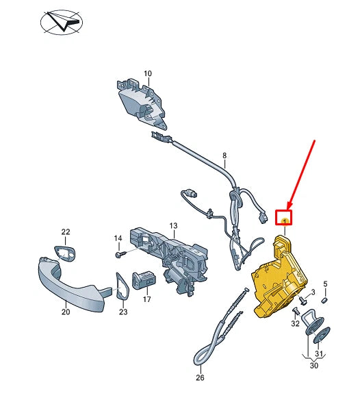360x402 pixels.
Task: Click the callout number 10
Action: point(148,74)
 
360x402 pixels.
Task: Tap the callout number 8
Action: point(224,155)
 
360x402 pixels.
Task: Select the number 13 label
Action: point(173,226)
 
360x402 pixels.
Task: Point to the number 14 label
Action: point(118,238)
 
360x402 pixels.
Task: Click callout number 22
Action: point(66,232)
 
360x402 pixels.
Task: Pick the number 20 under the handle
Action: point(66,312)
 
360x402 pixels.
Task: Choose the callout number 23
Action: point(123,312)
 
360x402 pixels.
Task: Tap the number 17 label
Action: point(147,299)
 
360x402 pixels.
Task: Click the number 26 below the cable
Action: point(200,377)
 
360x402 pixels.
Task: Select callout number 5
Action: point(325,284)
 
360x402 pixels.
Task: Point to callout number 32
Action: point(295,323)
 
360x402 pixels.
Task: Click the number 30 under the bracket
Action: point(314,365)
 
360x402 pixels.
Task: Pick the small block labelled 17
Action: point(144,280)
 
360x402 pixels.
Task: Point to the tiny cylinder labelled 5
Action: point(324,300)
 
